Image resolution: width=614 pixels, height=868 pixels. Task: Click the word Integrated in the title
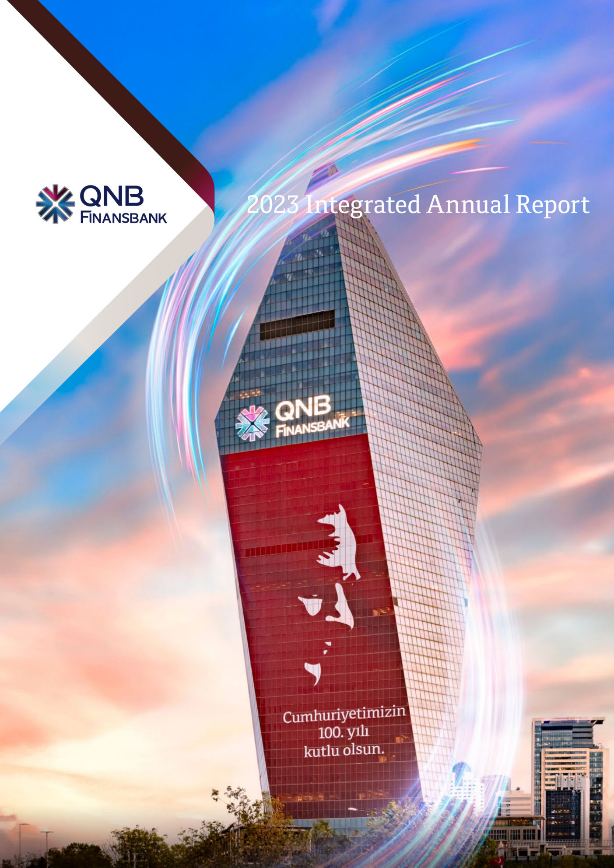coord(362,205)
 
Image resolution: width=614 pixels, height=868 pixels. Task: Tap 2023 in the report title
coord(273,205)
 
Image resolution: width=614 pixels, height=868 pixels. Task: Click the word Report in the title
coord(552,205)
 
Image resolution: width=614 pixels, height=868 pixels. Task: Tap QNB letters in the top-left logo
coord(112,196)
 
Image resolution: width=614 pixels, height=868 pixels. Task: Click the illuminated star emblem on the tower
coord(252,423)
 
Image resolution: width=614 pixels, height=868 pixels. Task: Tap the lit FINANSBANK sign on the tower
coord(312,427)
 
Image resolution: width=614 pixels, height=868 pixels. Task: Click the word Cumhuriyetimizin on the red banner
coord(344,717)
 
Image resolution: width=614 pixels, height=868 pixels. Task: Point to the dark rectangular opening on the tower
coord(297,325)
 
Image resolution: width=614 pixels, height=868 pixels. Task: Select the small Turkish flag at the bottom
coord(496,860)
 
